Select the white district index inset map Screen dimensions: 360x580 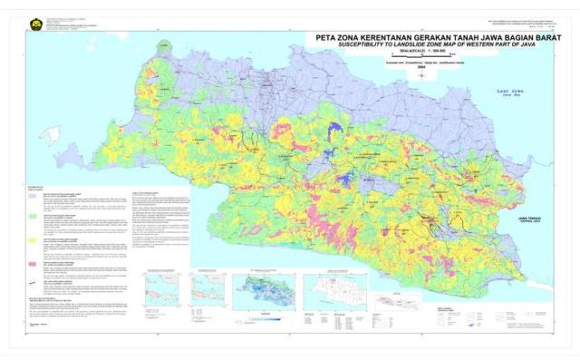coord(345,291)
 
